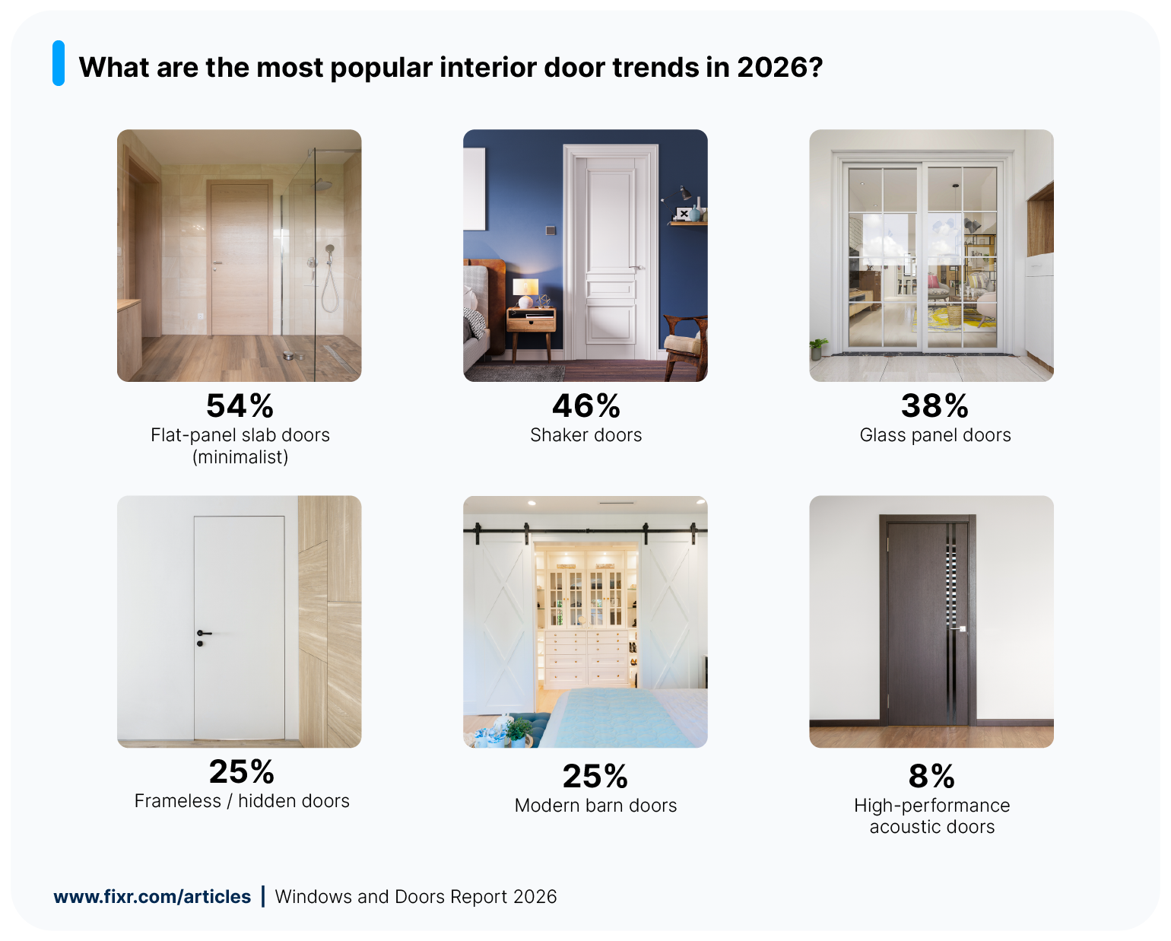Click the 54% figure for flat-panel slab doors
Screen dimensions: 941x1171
click(240, 406)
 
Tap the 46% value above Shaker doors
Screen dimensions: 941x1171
click(585, 406)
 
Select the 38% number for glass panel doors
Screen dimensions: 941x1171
click(935, 406)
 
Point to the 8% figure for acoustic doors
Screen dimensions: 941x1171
click(931, 777)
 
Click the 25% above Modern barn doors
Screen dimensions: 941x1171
click(595, 777)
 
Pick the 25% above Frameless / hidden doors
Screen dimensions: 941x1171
click(241, 772)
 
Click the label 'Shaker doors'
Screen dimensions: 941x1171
click(585, 435)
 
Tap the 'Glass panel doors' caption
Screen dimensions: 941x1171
click(935, 435)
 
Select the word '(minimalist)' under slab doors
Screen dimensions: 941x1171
click(240, 457)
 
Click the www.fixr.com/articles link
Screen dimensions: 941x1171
click(152, 897)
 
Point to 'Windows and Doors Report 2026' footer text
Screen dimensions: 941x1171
click(416, 897)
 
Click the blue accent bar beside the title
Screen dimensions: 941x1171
click(59, 63)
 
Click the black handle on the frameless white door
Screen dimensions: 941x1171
click(202, 634)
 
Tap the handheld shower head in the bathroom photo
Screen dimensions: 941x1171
click(330, 250)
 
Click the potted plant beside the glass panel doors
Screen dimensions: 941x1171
click(818, 348)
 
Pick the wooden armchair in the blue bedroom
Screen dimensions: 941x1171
click(687, 346)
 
